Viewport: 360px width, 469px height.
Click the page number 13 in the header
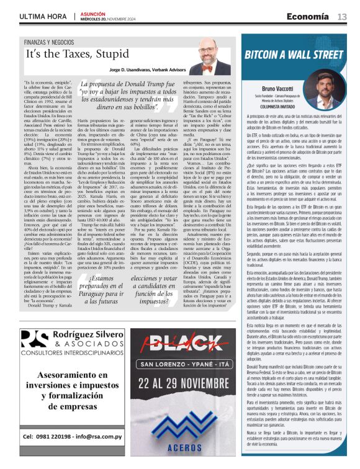[342, 16]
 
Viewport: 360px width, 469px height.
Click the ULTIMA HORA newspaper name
[42, 16]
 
